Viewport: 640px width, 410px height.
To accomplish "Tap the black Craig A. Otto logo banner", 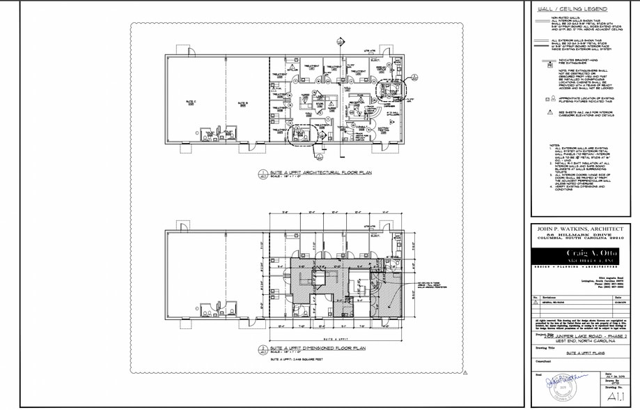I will pyautogui.click(x=576, y=255).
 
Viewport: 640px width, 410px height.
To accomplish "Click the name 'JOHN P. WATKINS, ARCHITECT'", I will pyautogui.click(x=576, y=228).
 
